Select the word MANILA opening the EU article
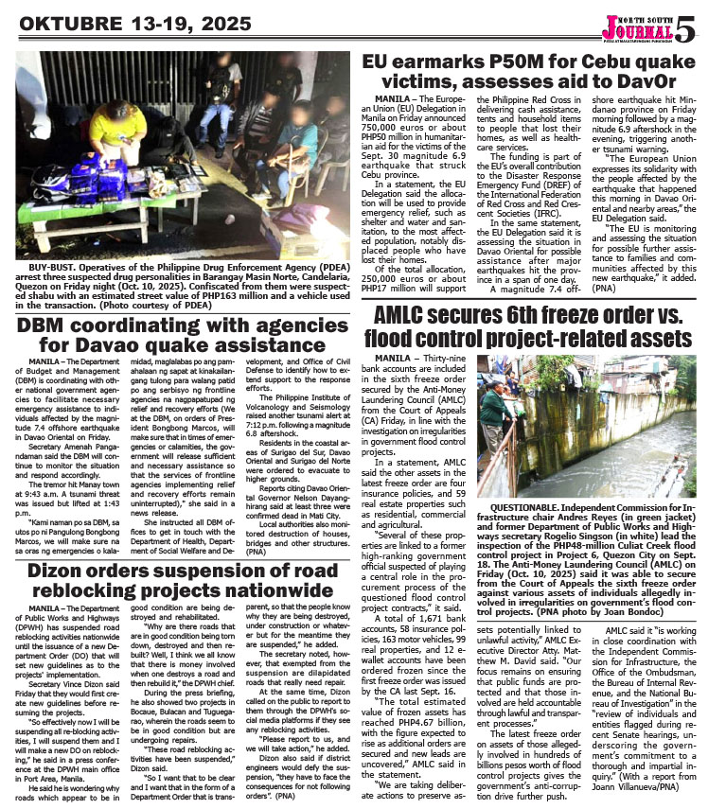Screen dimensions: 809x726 click(397, 98)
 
